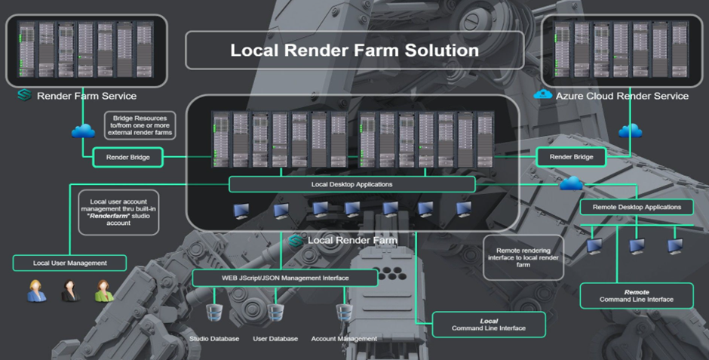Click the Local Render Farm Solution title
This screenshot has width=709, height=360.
pyautogui.click(x=354, y=51)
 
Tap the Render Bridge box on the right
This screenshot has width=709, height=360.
pyautogui.click(x=571, y=157)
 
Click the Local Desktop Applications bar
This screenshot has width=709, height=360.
pyautogui.click(x=351, y=184)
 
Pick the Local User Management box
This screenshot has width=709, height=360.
pyautogui.click(x=69, y=263)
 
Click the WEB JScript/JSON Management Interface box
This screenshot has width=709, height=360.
pyautogui.click(x=284, y=278)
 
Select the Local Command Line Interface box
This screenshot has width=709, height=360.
pyautogui.click(x=488, y=325)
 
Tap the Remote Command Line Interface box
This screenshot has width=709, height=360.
pyautogui.click(x=637, y=295)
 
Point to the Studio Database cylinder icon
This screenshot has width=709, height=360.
pyautogui.click(x=214, y=312)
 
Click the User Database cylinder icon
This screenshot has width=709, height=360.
pyautogui.click(x=275, y=312)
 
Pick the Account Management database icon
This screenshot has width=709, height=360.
pyautogui.click(x=344, y=312)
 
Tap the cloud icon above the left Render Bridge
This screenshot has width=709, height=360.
pyautogui.click(x=82, y=131)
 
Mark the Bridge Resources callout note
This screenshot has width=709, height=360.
pyautogui.click(x=141, y=125)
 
